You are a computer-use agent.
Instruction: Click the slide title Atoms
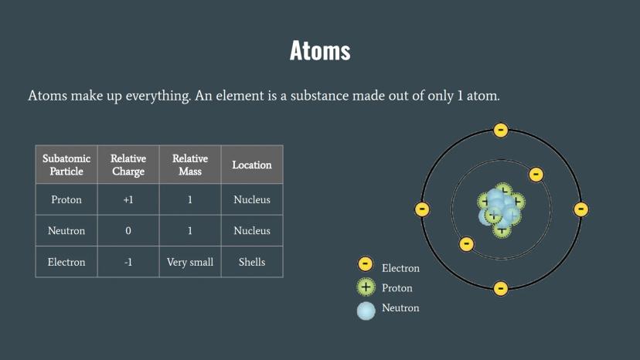[x=320, y=51]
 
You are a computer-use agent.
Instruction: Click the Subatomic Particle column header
[x=66, y=165]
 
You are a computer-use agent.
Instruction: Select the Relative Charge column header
[x=128, y=165]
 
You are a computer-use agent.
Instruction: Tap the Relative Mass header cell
[x=190, y=165]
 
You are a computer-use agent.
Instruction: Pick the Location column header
[x=252, y=165]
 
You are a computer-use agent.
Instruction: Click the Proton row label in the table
[x=66, y=199]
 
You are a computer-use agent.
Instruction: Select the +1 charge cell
[x=128, y=199]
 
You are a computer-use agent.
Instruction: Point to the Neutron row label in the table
[x=66, y=231]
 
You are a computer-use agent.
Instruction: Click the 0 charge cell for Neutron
[x=128, y=231]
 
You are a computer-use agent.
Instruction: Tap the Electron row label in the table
[x=66, y=262]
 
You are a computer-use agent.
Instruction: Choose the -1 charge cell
[x=128, y=262]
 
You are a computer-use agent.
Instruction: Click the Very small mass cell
[x=190, y=262]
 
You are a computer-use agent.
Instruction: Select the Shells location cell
[x=252, y=262]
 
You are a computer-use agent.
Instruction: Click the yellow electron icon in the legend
[x=366, y=264]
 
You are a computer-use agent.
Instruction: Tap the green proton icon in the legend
[x=366, y=287]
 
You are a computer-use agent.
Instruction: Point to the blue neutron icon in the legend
[x=366, y=311]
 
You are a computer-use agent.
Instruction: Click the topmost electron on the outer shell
[x=501, y=131]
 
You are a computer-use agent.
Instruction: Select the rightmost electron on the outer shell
[x=580, y=209]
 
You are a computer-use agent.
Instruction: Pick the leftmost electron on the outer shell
[x=422, y=209]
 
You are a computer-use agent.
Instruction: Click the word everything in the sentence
[x=158, y=96]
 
